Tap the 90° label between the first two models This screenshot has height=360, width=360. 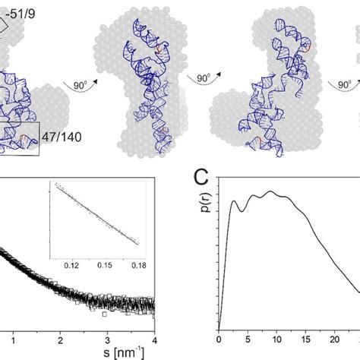click(x=78, y=86)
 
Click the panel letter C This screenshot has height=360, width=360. click(x=201, y=179)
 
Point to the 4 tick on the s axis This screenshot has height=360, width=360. click(x=154, y=340)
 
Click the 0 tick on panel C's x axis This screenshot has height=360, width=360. click(x=219, y=340)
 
